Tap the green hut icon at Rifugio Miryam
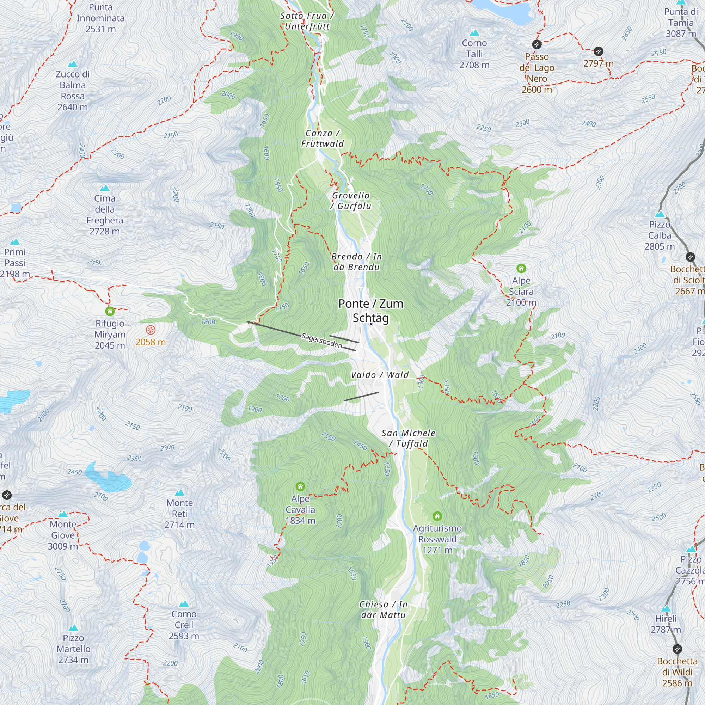(x=110, y=311)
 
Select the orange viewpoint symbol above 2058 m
(x=151, y=330)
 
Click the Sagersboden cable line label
(x=322, y=341)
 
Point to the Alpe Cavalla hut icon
(x=300, y=486)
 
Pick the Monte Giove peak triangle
(x=63, y=514)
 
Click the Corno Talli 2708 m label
(x=474, y=54)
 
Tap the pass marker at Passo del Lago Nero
(x=537, y=44)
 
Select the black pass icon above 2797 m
(x=599, y=51)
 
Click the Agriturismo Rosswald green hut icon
(x=437, y=516)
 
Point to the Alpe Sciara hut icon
(x=521, y=269)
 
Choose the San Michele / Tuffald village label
(x=408, y=438)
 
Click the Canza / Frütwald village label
(x=322, y=138)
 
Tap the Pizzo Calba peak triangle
(x=660, y=214)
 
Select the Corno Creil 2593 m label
(x=184, y=625)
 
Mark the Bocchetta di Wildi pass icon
(x=677, y=649)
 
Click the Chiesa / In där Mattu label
(x=383, y=610)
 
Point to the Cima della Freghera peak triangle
(x=105, y=188)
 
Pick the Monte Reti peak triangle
(x=179, y=493)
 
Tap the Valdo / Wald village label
(x=380, y=375)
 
